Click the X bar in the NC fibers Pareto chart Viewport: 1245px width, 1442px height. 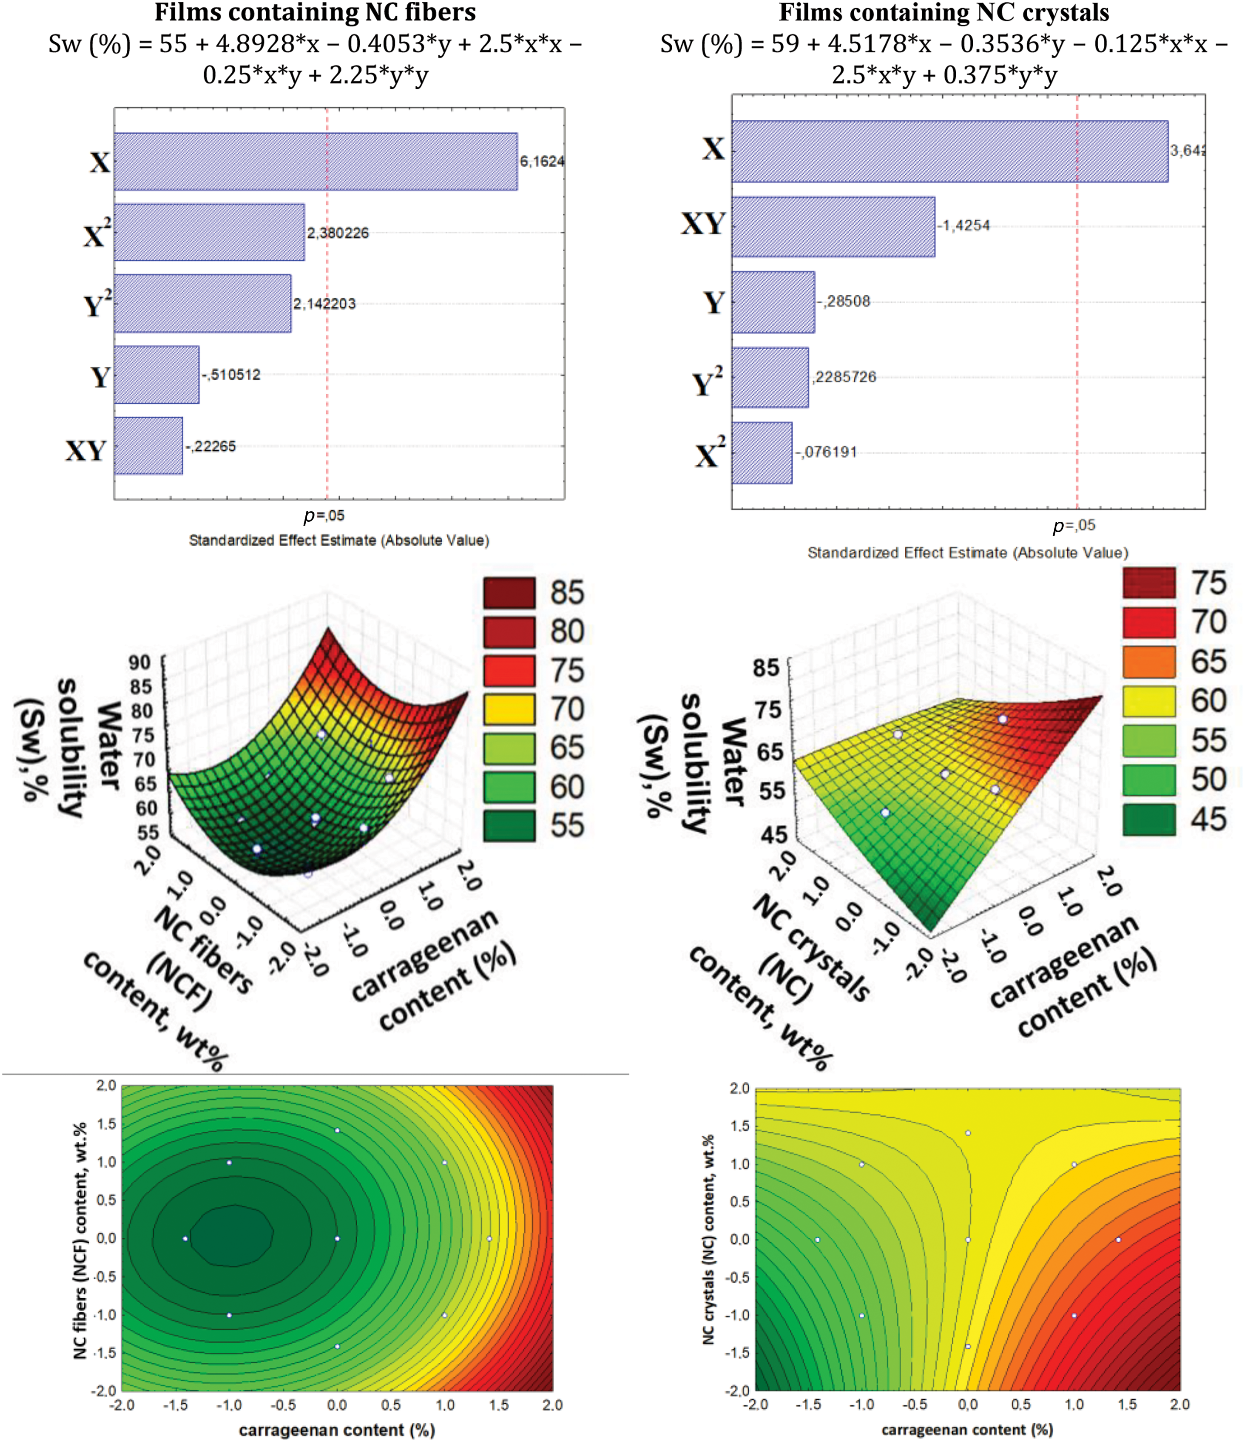315,162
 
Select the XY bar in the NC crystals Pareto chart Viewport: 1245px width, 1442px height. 833,227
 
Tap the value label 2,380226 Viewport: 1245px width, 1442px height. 338,233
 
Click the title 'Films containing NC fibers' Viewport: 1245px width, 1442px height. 315,13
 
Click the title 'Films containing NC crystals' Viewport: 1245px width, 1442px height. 944,13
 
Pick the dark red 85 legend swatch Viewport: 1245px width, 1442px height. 509,593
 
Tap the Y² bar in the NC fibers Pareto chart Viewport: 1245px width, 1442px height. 203,304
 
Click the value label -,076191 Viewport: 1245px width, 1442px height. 826,453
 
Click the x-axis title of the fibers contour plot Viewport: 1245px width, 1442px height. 337,1429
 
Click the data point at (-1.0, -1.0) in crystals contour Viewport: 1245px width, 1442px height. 862,1315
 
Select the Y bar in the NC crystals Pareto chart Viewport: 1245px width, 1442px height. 773,302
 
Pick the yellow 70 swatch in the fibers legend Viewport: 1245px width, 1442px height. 509,709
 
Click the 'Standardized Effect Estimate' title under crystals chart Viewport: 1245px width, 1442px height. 968,553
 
